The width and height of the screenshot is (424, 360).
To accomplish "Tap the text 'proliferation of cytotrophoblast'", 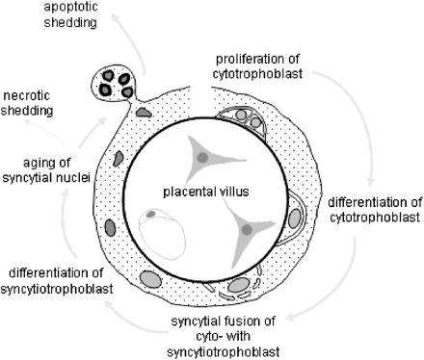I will click(259, 64).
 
